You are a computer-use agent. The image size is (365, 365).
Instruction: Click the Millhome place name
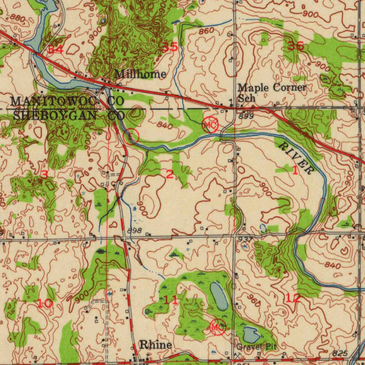140,74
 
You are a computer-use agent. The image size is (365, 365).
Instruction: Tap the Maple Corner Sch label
272,92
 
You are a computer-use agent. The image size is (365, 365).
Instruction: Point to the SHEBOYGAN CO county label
68,115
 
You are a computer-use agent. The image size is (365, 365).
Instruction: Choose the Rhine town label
155,345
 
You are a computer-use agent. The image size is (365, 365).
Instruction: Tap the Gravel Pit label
256,346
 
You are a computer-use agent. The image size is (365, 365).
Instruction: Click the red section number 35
170,47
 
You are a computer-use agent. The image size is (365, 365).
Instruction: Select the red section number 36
295,46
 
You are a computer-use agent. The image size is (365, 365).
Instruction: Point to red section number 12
293,298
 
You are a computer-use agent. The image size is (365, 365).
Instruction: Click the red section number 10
45,303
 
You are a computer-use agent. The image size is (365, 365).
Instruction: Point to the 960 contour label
253,301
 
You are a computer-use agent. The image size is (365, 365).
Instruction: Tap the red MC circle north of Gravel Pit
217,327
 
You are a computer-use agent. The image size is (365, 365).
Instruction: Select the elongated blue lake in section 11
219,296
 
